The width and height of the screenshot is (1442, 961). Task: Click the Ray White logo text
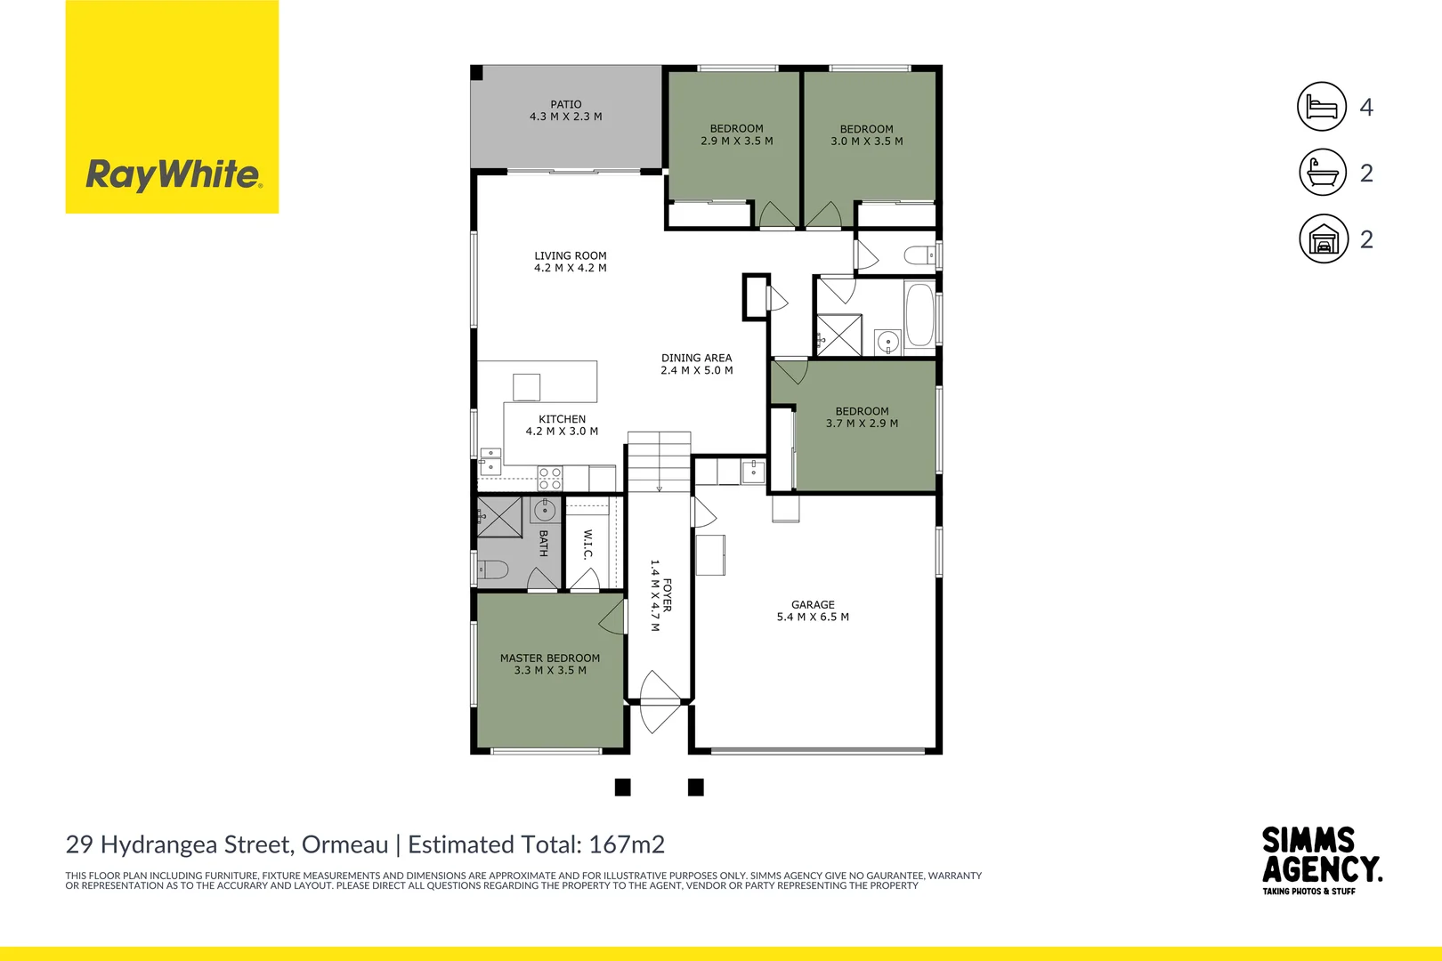point(173,174)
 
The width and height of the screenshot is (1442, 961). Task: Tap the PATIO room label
point(566,105)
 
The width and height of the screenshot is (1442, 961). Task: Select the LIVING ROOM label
point(571,256)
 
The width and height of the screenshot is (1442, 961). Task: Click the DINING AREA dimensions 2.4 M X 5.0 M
point(697,371)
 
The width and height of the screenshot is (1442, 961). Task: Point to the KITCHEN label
point(563,419)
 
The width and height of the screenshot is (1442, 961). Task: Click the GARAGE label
point(813,605)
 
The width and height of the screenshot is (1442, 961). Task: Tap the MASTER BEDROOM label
point(550,658)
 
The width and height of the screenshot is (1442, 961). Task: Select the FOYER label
point(668,595)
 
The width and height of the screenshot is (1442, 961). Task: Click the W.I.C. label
point(587,545)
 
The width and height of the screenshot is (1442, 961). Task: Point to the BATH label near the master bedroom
point(543,544)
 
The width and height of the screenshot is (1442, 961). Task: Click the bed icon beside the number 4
point(1322,107)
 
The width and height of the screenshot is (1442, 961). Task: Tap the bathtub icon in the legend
point(1323,173)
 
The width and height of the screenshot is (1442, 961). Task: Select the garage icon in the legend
point(1324,238)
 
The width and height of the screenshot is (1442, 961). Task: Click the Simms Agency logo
point(1321,860)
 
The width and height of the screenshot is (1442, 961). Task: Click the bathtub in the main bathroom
point(919,315)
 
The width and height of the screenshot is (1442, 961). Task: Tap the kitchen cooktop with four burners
point(550,479)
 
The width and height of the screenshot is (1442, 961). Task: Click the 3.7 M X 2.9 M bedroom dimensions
point(862,424)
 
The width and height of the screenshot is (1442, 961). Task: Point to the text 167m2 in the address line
point(627,844)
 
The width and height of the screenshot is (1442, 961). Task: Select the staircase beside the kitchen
point(659,462)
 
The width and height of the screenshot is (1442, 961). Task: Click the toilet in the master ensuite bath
point(492,569)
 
